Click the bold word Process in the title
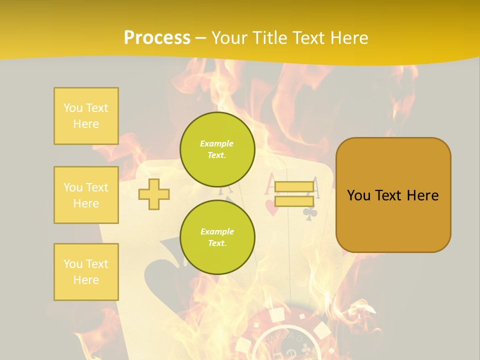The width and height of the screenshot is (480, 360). tap(157, 38)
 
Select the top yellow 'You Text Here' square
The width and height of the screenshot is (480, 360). tap(86, 116)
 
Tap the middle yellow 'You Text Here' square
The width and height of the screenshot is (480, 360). tap(86, 195)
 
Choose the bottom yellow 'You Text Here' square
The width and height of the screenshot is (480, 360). tap(86, 272)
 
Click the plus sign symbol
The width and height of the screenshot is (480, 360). tap(154, 194)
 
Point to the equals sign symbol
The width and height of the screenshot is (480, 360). tap(294, 194)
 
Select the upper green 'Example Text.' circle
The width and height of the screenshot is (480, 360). tap(217, 149)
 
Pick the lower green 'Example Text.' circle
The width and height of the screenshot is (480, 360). tap(217, 237)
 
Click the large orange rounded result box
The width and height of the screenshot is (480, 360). tap(393, 195)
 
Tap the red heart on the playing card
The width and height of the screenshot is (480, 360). tap(271, 208)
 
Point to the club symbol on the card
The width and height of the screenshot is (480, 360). tap(309, 214)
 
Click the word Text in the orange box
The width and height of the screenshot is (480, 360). tap(389, 195)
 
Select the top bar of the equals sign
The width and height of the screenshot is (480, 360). tap(294, 187)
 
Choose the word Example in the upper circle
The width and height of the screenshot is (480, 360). tap(217, 143)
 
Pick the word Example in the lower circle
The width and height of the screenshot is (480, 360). tap(217, 231)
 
